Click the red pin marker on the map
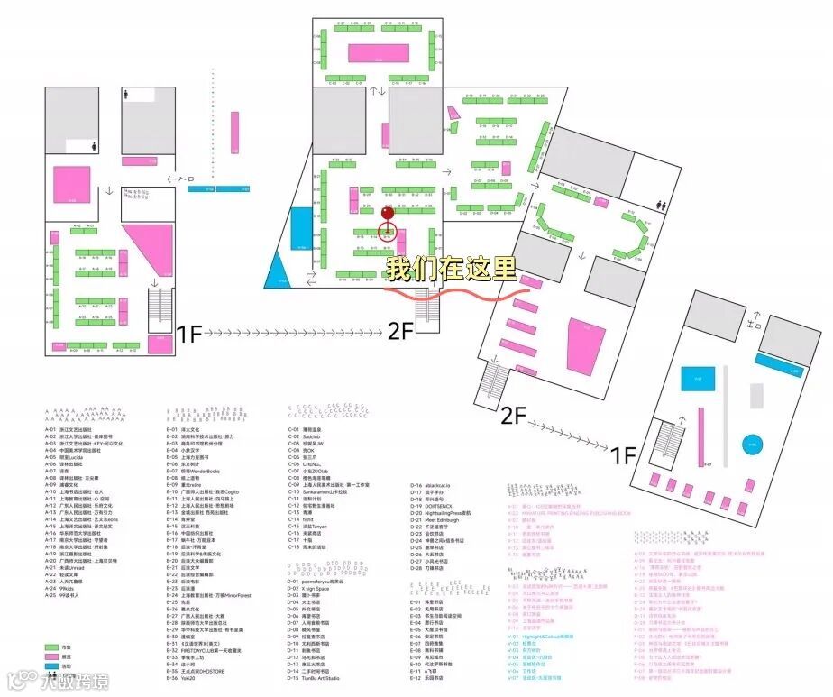click(x=388, y=214)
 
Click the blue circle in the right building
click(x=751, y=445)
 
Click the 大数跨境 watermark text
click(x=56, y=679)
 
